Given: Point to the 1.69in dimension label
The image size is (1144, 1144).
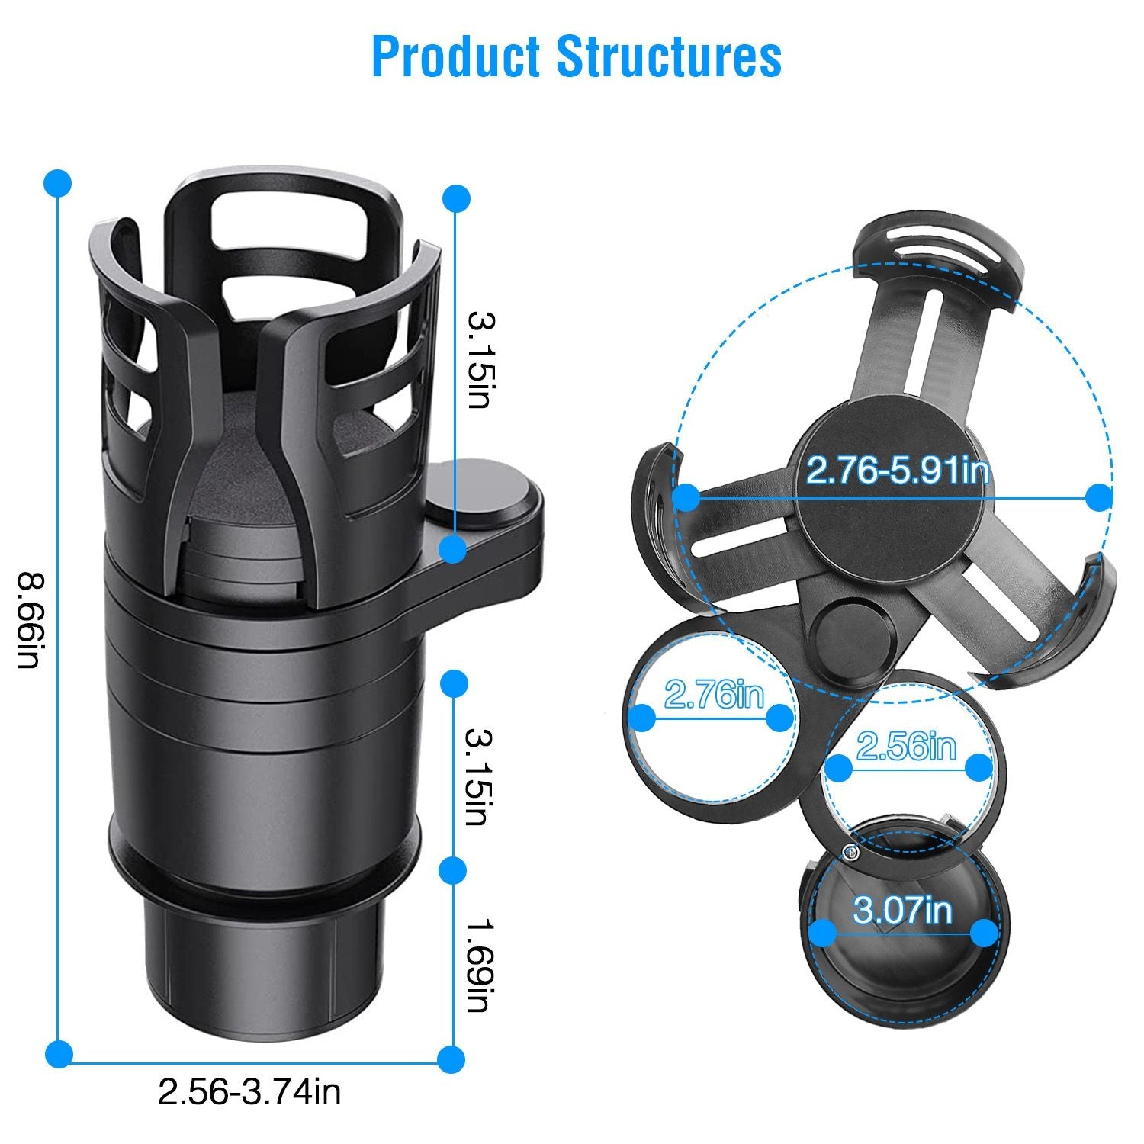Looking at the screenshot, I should [478, 965].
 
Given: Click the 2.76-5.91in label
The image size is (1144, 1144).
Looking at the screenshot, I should [897, 471].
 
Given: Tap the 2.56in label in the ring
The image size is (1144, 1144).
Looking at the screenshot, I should [905, 745].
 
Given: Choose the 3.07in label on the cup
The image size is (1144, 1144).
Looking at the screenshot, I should [902, 910].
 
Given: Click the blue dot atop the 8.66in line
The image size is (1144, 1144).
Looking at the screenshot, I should [58, 183].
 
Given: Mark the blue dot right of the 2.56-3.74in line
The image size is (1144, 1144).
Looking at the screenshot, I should [452, 1059].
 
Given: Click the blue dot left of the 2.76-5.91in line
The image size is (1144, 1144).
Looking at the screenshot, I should [687, 498].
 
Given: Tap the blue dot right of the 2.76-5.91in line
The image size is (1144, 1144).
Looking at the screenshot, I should [1098, 498].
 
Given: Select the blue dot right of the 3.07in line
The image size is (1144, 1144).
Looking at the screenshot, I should [985, 931].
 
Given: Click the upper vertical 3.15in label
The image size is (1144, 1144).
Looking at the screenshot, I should [478, 358].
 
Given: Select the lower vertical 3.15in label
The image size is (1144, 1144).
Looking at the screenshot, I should [478, 776].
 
